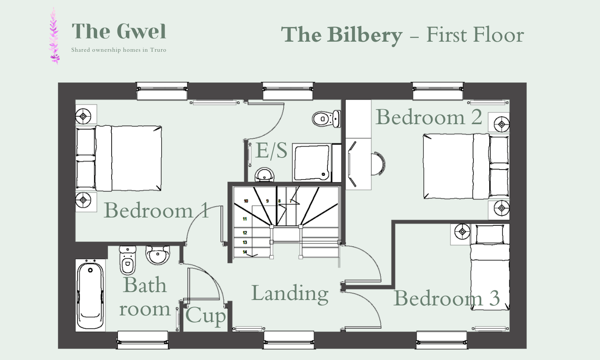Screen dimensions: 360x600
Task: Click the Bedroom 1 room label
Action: point(156,210)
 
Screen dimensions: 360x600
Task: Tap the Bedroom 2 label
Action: point(429,117)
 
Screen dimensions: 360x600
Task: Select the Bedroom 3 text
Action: point(446,298)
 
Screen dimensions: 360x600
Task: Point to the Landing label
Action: point(290,293)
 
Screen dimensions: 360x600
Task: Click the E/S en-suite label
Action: point(271,151)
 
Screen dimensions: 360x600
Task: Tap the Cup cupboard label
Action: point(205,316)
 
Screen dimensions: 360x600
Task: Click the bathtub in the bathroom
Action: point(90,295)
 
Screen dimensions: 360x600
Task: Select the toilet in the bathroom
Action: point(127,260)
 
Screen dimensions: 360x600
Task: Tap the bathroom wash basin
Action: point(158,255)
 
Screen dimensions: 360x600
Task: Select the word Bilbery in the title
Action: point(365,35)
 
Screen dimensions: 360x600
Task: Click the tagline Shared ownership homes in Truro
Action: point(119,50)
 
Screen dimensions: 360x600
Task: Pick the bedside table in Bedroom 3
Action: point(461,234)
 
